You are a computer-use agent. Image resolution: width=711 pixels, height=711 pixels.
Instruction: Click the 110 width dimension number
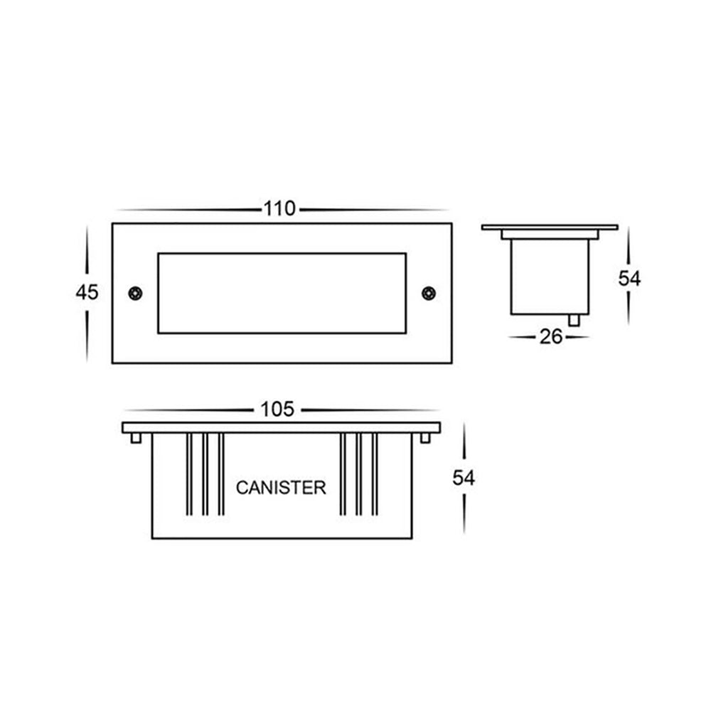(x=279, y=209)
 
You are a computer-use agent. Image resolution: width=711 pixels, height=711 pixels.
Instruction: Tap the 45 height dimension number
(x=87, y=292)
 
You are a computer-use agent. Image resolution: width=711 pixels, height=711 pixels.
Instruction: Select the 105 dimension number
(x=277, y=410)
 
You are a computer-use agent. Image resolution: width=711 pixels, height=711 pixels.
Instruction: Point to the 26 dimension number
(x=551, y=337)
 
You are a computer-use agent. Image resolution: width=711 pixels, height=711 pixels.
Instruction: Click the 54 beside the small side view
(x=629, y=279)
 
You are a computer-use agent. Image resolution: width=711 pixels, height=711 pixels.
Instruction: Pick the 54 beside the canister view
(x=464, y=479)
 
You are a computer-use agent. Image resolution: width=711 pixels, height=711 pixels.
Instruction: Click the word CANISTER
(x=281, y=488)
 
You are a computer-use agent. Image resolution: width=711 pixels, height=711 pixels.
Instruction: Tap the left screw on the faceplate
(x=134, y=292)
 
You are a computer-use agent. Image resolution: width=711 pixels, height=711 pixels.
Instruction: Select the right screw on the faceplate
(x=428, y=292)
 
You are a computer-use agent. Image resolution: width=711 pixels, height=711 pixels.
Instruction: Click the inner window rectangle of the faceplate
(x=282, y=292)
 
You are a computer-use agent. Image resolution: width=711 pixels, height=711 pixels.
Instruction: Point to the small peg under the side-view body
(x=574, y=320)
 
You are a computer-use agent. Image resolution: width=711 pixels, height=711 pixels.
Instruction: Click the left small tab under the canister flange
(x=135, y=438)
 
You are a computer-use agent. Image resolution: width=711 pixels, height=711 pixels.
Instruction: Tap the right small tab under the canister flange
(x=425, y=438)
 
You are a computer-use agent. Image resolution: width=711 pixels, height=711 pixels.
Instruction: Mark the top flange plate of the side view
(x=550, y=227)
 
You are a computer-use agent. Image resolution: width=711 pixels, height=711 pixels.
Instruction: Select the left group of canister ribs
(x=205, y=473)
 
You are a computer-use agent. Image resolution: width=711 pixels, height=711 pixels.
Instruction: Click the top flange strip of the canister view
(x=281, y=427)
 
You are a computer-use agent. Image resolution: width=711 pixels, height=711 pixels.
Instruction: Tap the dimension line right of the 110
(x=373, y=210)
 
